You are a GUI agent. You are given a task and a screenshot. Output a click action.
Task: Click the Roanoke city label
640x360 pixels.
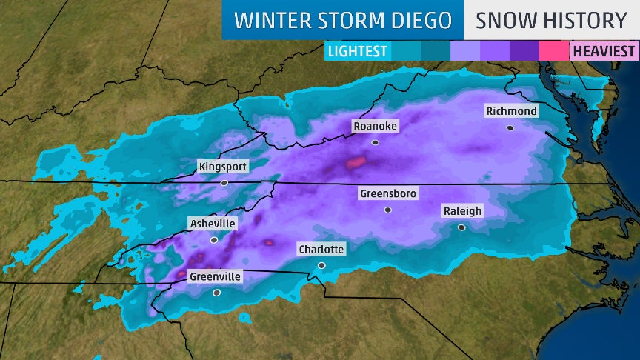(375, 126)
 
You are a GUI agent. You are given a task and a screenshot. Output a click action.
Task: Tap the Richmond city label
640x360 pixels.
(511, 111)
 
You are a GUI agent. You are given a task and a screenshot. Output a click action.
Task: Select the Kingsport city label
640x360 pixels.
(223, 167)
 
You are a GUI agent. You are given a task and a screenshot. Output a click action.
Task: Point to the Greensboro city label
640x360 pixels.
(388, 194)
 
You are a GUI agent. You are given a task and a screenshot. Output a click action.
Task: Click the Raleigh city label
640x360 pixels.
(462, 211)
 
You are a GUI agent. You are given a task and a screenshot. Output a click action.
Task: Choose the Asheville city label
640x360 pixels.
(213, 224)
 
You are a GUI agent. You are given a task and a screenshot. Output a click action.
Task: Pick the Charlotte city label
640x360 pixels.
(321, 249)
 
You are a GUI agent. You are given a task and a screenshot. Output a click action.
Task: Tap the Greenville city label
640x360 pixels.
(216, 276)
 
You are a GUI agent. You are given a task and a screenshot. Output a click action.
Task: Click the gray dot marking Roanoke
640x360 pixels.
(376, 142)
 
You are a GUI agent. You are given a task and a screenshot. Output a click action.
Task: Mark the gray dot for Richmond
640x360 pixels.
(510, 127)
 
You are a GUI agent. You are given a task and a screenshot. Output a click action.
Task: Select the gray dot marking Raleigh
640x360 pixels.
(461, 227)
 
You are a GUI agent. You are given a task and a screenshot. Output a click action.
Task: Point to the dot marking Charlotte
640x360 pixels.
(321, 265)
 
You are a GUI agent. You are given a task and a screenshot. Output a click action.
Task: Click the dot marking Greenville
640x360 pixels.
(216, 293)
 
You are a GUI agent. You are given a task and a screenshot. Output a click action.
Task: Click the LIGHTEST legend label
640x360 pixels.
(358, 51)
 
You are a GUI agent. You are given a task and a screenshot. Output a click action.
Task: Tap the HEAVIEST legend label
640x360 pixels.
(603, 51)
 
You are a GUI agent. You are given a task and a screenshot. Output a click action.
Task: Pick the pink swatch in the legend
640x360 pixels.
(553, 51)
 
